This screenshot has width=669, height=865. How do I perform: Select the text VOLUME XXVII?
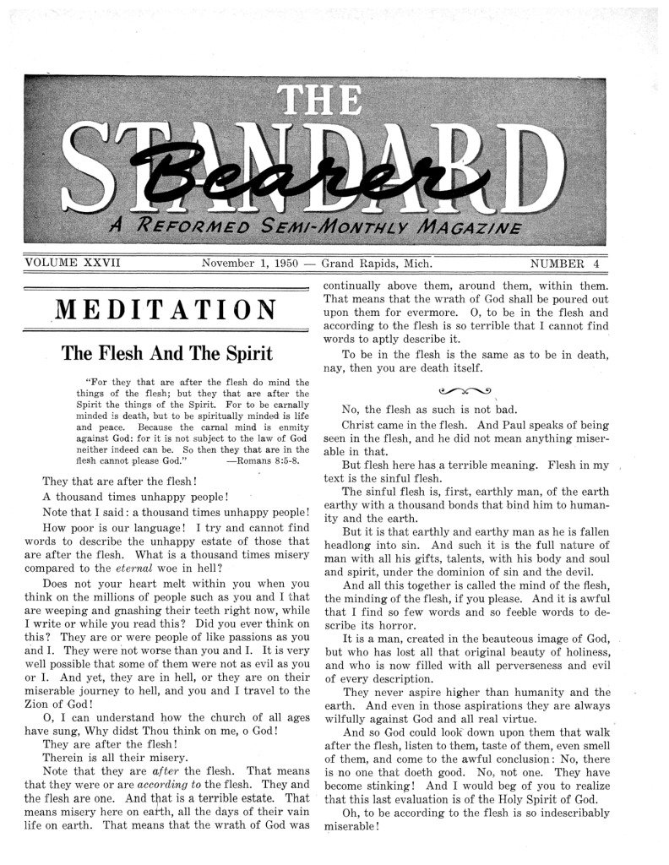click(x=73, y=263)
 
